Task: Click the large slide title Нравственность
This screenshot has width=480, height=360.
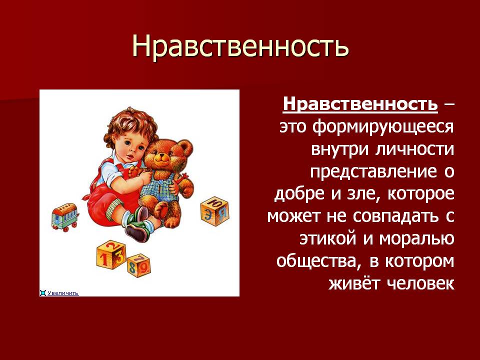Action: [x=240, y=46]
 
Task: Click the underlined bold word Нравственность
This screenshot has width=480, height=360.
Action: [x=360, y=104]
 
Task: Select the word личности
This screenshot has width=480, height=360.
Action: [x=415, y=149]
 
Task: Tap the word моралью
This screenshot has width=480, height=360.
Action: [x=416, y=239]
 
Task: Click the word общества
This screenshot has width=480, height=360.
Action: [x=317, y=261]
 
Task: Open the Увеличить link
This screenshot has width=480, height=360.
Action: [x=63, y=293]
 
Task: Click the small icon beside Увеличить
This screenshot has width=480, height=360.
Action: [x=43, y=293]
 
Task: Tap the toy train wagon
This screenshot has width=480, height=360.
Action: [x=65, y=217]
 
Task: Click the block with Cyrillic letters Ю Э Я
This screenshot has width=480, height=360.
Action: [x=215, y=211]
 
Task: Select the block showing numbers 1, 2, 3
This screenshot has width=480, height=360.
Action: [x=111, y=254]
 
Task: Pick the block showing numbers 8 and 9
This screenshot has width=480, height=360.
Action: [x=139, y=265]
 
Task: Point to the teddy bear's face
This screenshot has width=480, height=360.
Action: [x=163, y=156]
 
